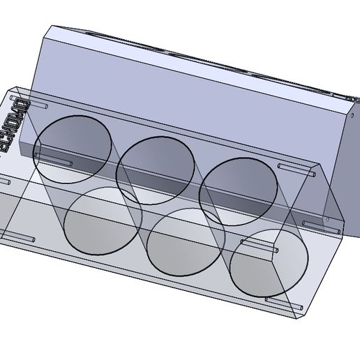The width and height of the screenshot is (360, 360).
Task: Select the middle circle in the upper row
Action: (x=155, y=171)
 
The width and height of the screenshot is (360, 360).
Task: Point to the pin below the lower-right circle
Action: (x=281, y=301)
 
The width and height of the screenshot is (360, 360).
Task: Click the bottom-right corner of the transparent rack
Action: (x=301, y=318)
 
